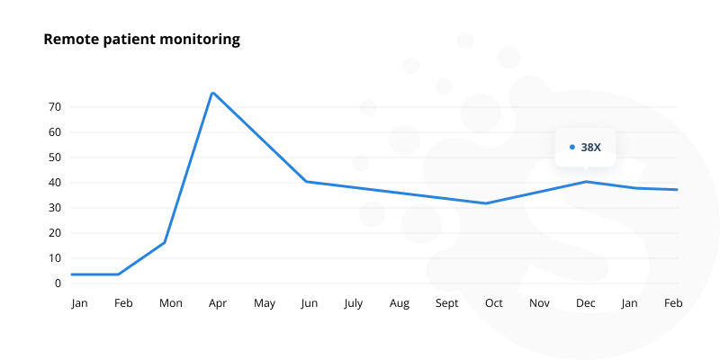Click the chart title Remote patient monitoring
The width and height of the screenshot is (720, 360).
[x=141, y=40]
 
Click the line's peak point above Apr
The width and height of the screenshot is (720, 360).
[x=212, y=93]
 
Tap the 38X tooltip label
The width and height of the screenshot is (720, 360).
[x=590, y=147]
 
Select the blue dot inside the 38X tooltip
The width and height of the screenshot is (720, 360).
[x=572, y=147]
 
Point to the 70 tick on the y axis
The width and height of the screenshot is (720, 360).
[x=55, y=107]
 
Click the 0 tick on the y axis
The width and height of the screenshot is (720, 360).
[x=58, y=283]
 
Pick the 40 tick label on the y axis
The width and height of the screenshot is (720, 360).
[x=55, y=183]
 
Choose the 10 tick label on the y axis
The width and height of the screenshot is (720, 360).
[x=55, y=258]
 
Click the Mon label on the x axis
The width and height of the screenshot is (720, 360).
[x=170, y=304]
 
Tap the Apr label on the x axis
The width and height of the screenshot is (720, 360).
[x=217, y=304]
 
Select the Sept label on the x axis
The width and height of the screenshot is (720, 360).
[x=447, y=304]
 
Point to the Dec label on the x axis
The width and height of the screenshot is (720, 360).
[x=585, y=304]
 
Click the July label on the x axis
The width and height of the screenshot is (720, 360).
[x=353, y=304]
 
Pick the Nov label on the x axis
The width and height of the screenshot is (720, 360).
[x=539, y=304]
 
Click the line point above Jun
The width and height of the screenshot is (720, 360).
[x=306, y=182]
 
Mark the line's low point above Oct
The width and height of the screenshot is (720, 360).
[x=486, y=203]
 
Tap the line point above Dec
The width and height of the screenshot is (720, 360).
[x=586, y=182]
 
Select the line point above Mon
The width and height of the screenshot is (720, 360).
[x=165, y=242]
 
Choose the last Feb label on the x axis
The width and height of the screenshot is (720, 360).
[x=673, y=304]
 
